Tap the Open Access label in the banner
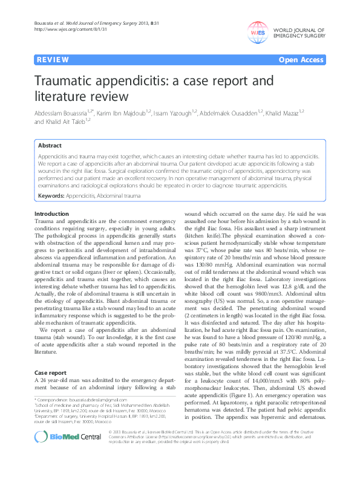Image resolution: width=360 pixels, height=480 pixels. click(x=301, y=61)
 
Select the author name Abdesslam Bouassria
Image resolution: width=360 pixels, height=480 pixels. click(x=68, y=112)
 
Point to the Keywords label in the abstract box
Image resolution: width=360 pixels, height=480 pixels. click(x=51, y=196)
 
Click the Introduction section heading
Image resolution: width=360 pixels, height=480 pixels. click(x=51, y=215)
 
